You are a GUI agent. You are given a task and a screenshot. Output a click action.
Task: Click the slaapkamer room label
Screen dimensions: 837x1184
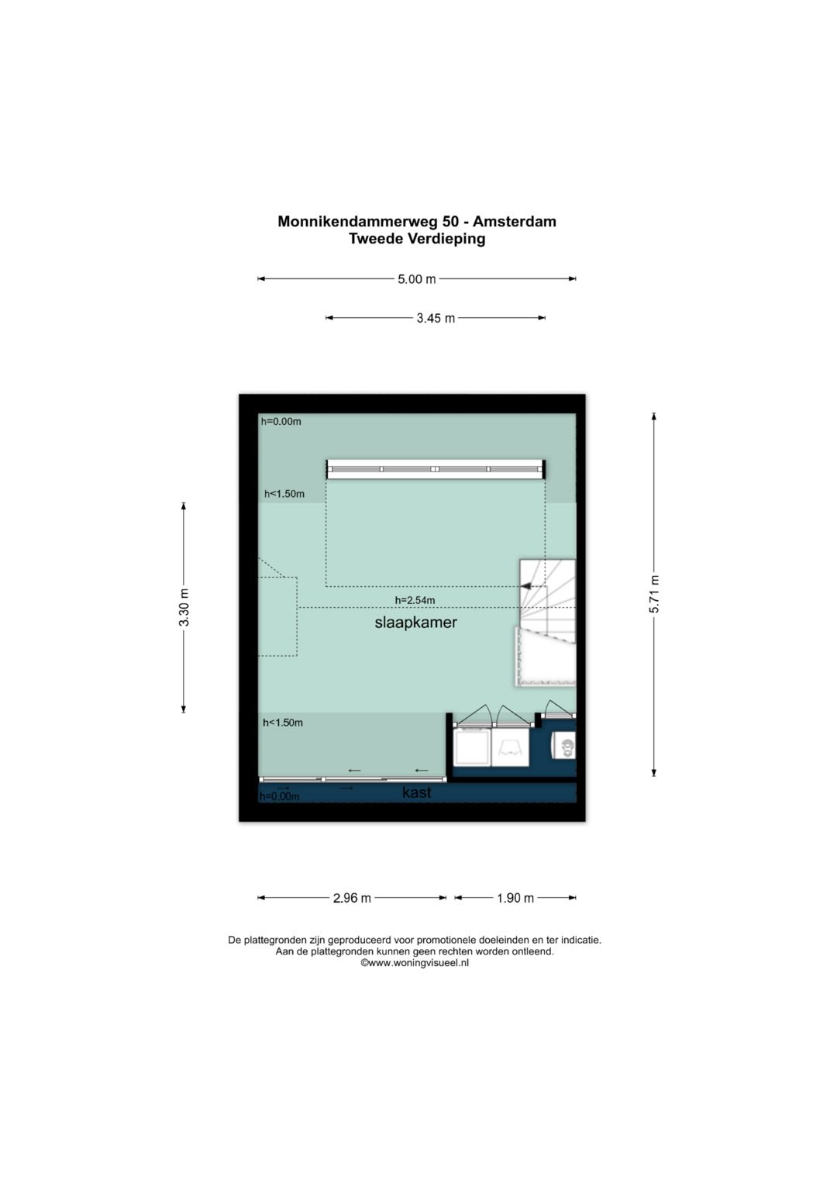click(416, 623)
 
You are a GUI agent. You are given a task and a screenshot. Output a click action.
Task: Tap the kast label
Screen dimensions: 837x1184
click(416, 792)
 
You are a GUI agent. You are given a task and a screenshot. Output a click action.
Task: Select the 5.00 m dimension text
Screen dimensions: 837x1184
click(417, 279)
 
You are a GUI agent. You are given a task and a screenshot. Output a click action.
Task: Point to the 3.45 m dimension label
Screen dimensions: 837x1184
click(436, 318)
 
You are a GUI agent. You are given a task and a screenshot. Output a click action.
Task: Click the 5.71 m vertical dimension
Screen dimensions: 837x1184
click(654, 594)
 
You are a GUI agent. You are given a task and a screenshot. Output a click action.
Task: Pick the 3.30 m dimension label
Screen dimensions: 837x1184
click(184, 607)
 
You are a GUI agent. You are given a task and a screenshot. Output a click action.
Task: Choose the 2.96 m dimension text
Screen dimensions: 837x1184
click(352, 898)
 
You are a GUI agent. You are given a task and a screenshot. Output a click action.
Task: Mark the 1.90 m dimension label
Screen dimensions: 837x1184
click(515, 898)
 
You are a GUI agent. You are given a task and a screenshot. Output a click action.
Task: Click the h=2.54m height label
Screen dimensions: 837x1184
click(415, 600)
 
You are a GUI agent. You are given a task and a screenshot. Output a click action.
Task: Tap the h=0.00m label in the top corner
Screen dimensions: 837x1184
click(281, 421)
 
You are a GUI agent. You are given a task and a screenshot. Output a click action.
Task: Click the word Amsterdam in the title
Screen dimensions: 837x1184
click(514, 221)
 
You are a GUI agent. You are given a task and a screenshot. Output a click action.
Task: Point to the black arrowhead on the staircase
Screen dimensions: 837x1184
click(525, 586)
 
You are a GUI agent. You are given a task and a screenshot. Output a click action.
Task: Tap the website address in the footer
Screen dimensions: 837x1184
click(415, 963)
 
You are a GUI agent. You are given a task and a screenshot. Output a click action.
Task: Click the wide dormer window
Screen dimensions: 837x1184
click(436, 469)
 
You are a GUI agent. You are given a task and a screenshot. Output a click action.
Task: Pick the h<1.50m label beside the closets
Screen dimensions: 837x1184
click(283, 723)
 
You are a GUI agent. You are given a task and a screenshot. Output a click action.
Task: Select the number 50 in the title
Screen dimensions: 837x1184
click(451, 221)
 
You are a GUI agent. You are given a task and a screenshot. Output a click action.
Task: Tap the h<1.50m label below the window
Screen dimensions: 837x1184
click(284, 494)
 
